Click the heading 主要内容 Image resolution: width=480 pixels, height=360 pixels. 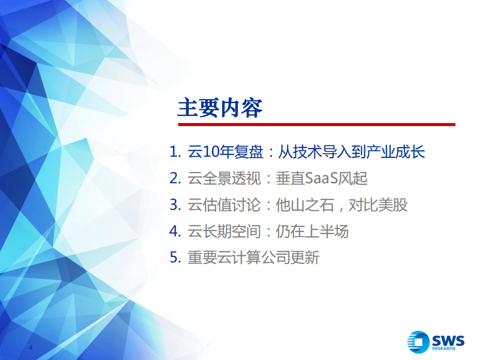220,108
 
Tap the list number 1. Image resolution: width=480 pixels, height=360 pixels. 174,152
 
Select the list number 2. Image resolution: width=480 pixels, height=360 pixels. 174,178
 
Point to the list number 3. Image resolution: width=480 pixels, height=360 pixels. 174,205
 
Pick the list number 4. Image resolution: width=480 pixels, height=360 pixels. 174,231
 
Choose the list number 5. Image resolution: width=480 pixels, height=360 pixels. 174,258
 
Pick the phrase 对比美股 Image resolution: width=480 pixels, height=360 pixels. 378,205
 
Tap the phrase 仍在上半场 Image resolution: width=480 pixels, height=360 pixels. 312,231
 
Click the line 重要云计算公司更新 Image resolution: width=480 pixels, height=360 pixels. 253,258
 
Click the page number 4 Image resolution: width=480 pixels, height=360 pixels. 31,348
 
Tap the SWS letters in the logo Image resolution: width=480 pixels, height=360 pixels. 448,340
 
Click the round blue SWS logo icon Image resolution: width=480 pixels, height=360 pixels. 418,342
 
